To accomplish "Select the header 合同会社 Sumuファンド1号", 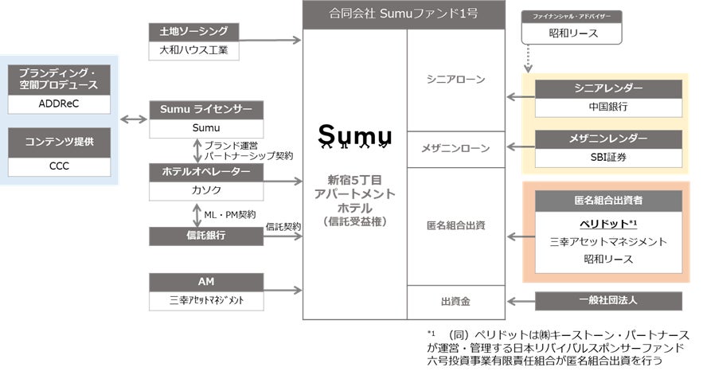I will [404, 14].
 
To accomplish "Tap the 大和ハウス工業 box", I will [194, 50].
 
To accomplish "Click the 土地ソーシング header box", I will [194, 32].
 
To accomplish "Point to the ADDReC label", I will [58, 104].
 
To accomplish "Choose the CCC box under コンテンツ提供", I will [58, 166].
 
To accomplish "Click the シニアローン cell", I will [455, 80].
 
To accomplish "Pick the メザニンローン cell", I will [455, 149].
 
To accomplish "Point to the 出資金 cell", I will [455, 301].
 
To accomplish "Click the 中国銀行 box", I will [607, 106].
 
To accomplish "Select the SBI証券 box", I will [607, 157].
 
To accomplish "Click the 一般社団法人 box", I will [607, 301].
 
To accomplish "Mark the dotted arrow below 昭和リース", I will [529, 57].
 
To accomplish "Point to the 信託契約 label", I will [283, 226].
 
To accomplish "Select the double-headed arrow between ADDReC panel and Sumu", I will [133, 120].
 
